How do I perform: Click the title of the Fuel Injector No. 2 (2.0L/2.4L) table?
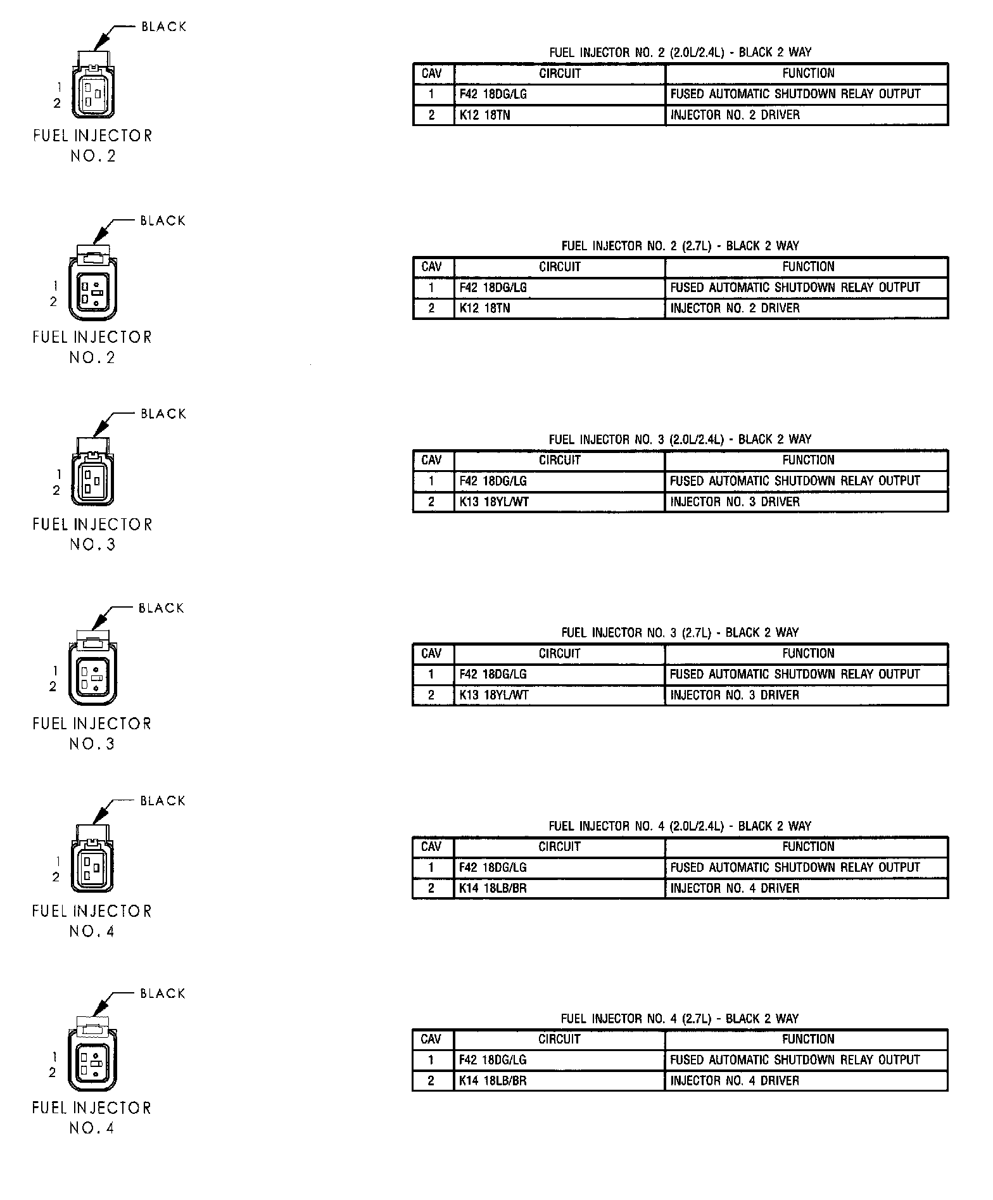(x=680, y=53)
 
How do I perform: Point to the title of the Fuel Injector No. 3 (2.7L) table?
(x=680, y=632)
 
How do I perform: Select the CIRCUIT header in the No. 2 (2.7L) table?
(x=560, y=267)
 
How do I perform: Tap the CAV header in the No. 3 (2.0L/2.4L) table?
(x=431, y=460)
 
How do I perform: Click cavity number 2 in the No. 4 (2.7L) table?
(x=431, y=1081)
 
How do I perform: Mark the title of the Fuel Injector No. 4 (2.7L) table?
(x=680, y=1019)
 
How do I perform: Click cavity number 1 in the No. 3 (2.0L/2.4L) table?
(x=431, y=481)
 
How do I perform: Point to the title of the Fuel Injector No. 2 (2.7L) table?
(x=680, y=246)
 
